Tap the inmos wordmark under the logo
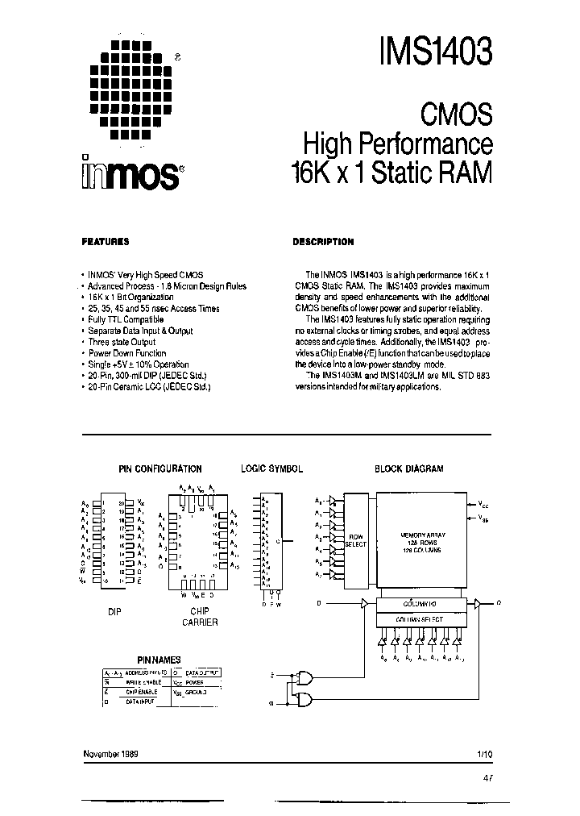[x=130, y=170]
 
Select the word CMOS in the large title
[x=457, y=114]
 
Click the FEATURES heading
[x=106, y=242]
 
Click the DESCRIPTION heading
[x=323, y=242]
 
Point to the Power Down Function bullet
[x=127, y=353]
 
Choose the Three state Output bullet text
[x=122, y=342]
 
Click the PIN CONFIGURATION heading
[x=160, y=468]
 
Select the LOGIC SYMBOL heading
[x=272, y=468]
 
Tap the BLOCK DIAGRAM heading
[x=409, y=468]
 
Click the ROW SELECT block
[x=355, y=540]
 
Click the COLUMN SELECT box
[x=419, y=618]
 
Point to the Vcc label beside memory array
[x=483, y=505]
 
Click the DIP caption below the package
[x=115, y=612]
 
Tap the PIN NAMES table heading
[x=159, y=659]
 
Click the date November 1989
[x=110, y=752]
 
